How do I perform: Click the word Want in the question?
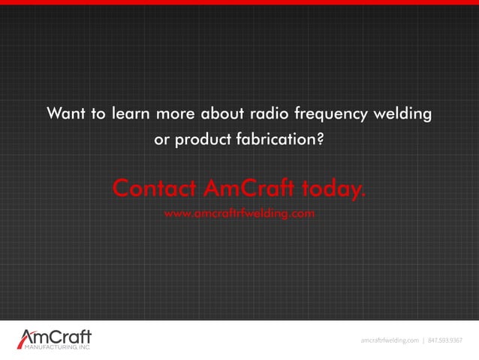65,114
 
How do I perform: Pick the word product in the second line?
203,140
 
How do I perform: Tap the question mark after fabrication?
321,139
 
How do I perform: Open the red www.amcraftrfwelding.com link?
239,213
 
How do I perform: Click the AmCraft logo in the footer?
54,340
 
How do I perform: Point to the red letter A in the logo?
27,337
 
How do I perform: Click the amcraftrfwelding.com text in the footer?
389,340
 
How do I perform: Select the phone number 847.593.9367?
446,340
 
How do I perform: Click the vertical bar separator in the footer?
423,340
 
